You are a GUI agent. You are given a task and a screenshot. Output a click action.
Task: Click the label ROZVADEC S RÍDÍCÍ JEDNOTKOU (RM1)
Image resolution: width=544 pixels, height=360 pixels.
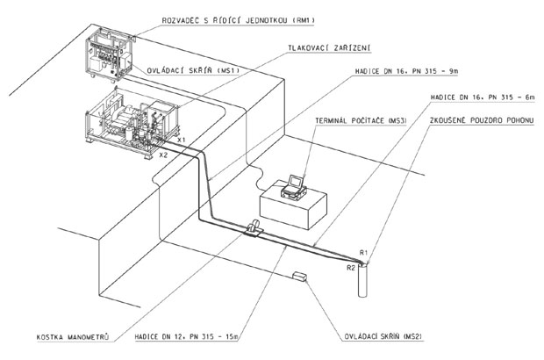click(238, 20)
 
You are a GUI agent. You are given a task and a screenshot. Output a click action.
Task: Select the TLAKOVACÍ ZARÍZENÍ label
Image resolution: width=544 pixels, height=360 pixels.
click(329, 47)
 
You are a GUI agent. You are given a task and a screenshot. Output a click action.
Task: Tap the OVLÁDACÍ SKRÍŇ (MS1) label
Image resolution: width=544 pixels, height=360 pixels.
click(193, 70)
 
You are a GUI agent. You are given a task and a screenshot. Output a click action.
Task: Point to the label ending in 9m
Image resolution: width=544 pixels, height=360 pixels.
click(406, 71)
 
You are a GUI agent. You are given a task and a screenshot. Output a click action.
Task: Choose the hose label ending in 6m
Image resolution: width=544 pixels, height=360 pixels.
click(483, 97)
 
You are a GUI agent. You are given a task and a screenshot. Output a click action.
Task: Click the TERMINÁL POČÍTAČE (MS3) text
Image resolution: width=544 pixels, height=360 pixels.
click(361, 121)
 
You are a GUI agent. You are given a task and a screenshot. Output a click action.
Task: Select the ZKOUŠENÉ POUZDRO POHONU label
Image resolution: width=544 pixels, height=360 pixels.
click(482, 120)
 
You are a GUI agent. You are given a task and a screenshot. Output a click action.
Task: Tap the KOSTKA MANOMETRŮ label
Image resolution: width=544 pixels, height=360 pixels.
click(73, 337)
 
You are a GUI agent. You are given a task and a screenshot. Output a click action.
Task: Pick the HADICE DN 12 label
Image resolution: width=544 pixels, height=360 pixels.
click(187, 336)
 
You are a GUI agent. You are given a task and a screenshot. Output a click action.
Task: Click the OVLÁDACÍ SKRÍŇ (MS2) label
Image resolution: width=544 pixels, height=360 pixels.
click(383, 336)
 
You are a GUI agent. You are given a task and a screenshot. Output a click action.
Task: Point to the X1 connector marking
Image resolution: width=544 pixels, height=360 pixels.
click(181, 140)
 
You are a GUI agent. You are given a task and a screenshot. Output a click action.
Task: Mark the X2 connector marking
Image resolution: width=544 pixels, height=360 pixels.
click(163, 155)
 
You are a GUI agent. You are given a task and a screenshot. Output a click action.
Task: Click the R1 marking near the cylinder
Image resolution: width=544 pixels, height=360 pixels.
click(363, 253)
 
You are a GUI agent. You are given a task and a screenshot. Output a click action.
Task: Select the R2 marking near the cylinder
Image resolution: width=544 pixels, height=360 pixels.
click(351, 268)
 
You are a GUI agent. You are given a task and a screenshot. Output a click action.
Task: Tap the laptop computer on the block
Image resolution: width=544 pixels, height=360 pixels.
click(294, 188)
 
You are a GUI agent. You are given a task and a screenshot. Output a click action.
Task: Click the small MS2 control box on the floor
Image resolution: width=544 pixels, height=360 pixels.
click(299, 276)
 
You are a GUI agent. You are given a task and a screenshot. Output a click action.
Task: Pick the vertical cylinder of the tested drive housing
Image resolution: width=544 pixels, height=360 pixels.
click(362, 280)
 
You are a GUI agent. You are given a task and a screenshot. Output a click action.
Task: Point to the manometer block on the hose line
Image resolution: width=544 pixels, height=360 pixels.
click(254, 227)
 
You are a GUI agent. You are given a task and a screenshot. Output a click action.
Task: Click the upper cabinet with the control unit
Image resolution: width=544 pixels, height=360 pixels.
click(109, 54)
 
